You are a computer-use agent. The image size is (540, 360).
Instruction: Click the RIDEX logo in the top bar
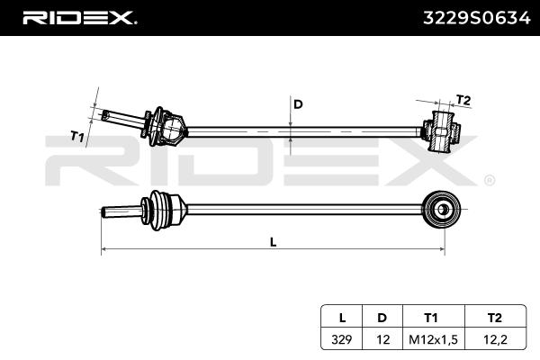[x=78, y=17]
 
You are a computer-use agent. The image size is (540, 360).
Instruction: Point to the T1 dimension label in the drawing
[x=78, y=137]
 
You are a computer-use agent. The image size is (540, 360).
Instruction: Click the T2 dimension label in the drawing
[x=463, y=100]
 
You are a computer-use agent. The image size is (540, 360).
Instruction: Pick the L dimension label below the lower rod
[x=274, y=241]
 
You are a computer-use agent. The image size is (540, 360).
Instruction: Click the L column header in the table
[x=342, y=317]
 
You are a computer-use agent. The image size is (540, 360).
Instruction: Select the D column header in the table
[x=382, y=317]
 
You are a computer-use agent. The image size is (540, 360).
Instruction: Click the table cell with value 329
[x=342, y=340]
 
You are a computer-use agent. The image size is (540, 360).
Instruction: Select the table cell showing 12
[x=382, y=340]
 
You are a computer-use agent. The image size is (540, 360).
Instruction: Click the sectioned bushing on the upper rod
[x=442, y=130]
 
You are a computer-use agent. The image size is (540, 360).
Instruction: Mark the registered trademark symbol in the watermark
[x=490, y=180]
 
